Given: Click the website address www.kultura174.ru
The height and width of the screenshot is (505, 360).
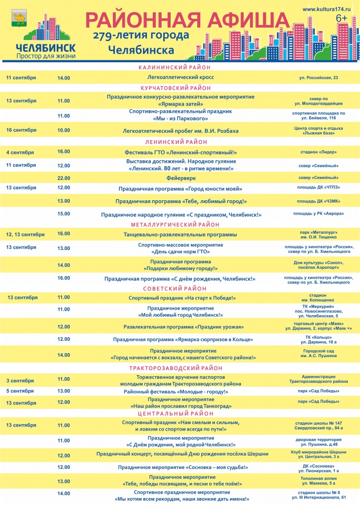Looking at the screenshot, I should click(326, 9).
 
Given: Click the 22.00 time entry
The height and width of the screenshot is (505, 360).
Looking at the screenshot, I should click(64, 178).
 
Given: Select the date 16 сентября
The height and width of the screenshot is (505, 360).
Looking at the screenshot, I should click(21, 130).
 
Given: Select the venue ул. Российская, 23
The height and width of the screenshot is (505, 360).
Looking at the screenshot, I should click(319, 78).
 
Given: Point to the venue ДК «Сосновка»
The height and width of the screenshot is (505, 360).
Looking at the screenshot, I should click(319, 466).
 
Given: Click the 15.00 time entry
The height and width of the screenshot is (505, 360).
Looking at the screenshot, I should click(64, 214).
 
